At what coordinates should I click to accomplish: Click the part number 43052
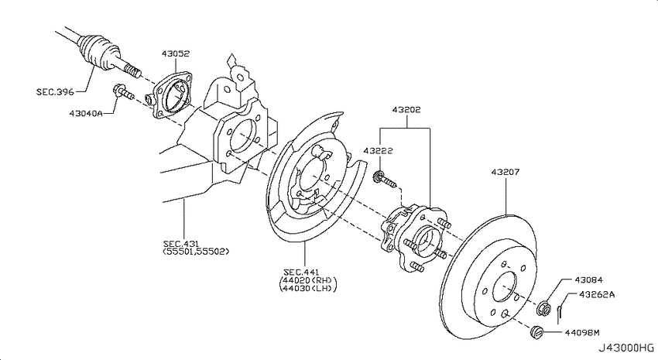[x=176, y=53]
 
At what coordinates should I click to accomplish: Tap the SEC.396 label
[x=55, y=91]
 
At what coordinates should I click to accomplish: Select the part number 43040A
[x=86, y=113]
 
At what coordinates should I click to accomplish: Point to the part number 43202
[x=406, y=109]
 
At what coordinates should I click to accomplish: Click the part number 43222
[x=378, y=150]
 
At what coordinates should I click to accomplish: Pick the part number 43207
[x=505, y=172]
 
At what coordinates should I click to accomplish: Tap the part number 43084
[x=589, y=279]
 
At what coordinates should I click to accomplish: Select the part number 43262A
[x=597, y=294]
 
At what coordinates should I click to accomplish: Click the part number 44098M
[x=581, y=333]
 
